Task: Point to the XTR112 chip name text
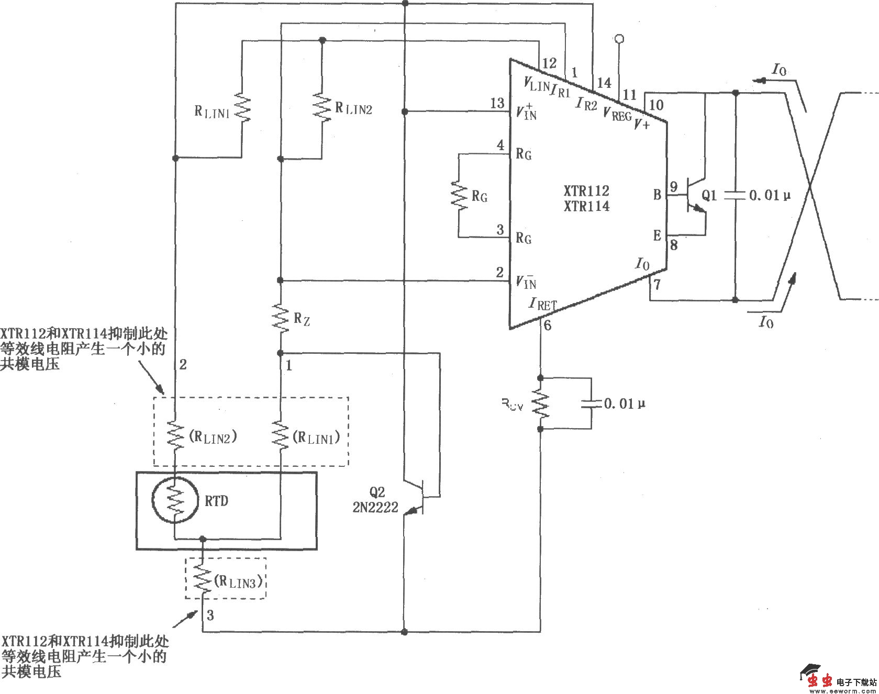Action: point(586,191)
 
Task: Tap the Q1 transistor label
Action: point(709,196)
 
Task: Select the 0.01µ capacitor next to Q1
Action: point(735,195)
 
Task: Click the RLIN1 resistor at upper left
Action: point(242,108)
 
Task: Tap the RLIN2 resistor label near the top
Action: point(354,109)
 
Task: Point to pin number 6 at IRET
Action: point(548,326)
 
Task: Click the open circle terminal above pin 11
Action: point(619,39)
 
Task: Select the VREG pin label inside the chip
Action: point(617,114)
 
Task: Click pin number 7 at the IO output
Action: point(658,285)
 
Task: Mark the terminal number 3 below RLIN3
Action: point(210,615)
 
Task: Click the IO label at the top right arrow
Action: point(779,70)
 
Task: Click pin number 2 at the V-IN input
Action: point(499,272)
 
